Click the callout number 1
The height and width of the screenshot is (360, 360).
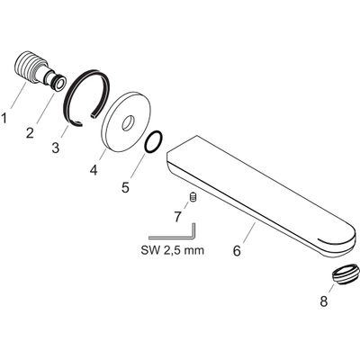tap(4, 118)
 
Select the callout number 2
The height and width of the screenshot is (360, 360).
tap(30, 132)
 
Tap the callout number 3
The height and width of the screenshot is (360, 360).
tap(56, 148)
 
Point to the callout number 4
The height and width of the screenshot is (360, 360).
tap(94, 170)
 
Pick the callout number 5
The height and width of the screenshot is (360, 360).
tap(125, 187)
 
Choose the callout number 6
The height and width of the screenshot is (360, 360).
tap(237, 251)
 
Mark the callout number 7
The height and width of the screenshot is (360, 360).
tap(177, 217)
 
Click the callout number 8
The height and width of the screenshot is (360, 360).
tap(324, 301)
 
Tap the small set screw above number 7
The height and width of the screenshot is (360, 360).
tap(193, 198)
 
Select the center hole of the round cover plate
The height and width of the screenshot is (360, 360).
tap(128, 123)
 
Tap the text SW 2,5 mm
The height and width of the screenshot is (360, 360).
tap(172, 250)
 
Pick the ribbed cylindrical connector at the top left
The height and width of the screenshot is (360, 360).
tap(39, 70)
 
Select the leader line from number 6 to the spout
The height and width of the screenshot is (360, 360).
tap(249, 232)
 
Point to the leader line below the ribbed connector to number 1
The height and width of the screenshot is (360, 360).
tap(19, 95)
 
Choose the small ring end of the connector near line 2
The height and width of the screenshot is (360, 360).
tap(58, 82)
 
